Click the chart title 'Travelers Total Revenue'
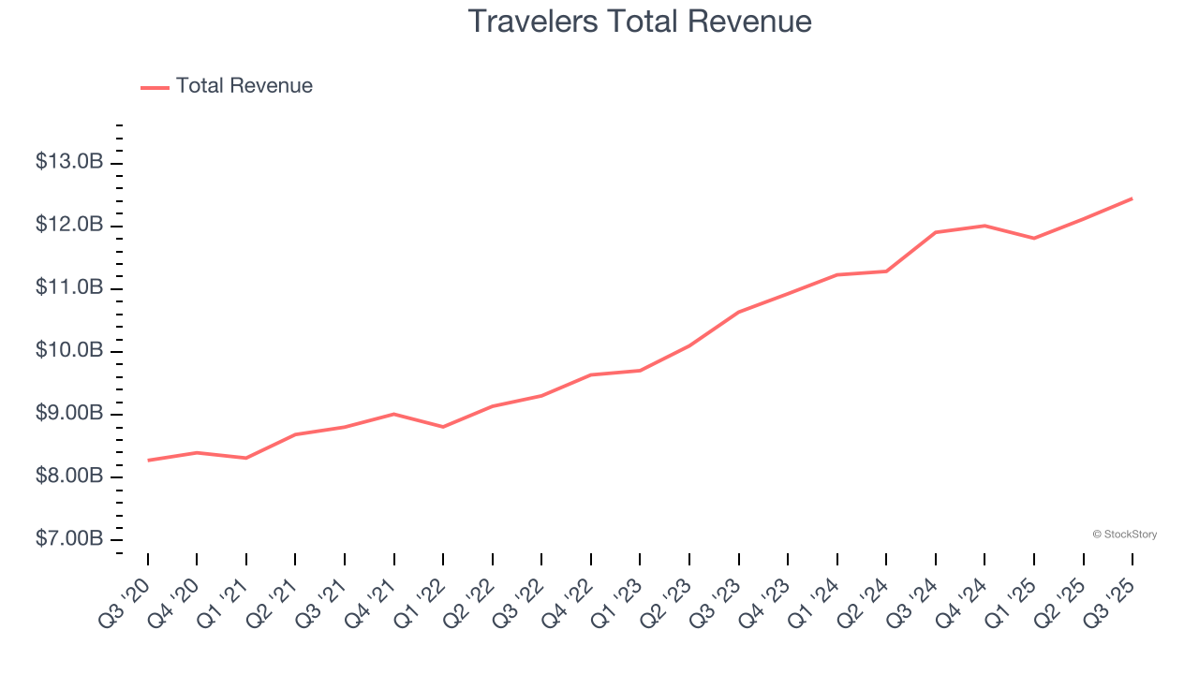tap(639, 22)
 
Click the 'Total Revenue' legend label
tap(244, 86)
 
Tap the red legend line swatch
tap(155, 87)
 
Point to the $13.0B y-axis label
tap(69, 162)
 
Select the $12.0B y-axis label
tap(69, 225)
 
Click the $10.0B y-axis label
tap(69, 351)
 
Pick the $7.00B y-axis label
tap(69, 540)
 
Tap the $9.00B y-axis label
tap(69, 414)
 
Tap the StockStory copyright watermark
tap(1124, 535)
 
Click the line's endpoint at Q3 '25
tap(1132, 198)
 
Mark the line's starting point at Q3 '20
tap(148, 461)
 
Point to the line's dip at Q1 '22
tap(443, 427)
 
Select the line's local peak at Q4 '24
tap(984, 226)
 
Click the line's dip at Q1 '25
tap(1033, 239)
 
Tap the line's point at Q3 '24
tap(935, 232)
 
